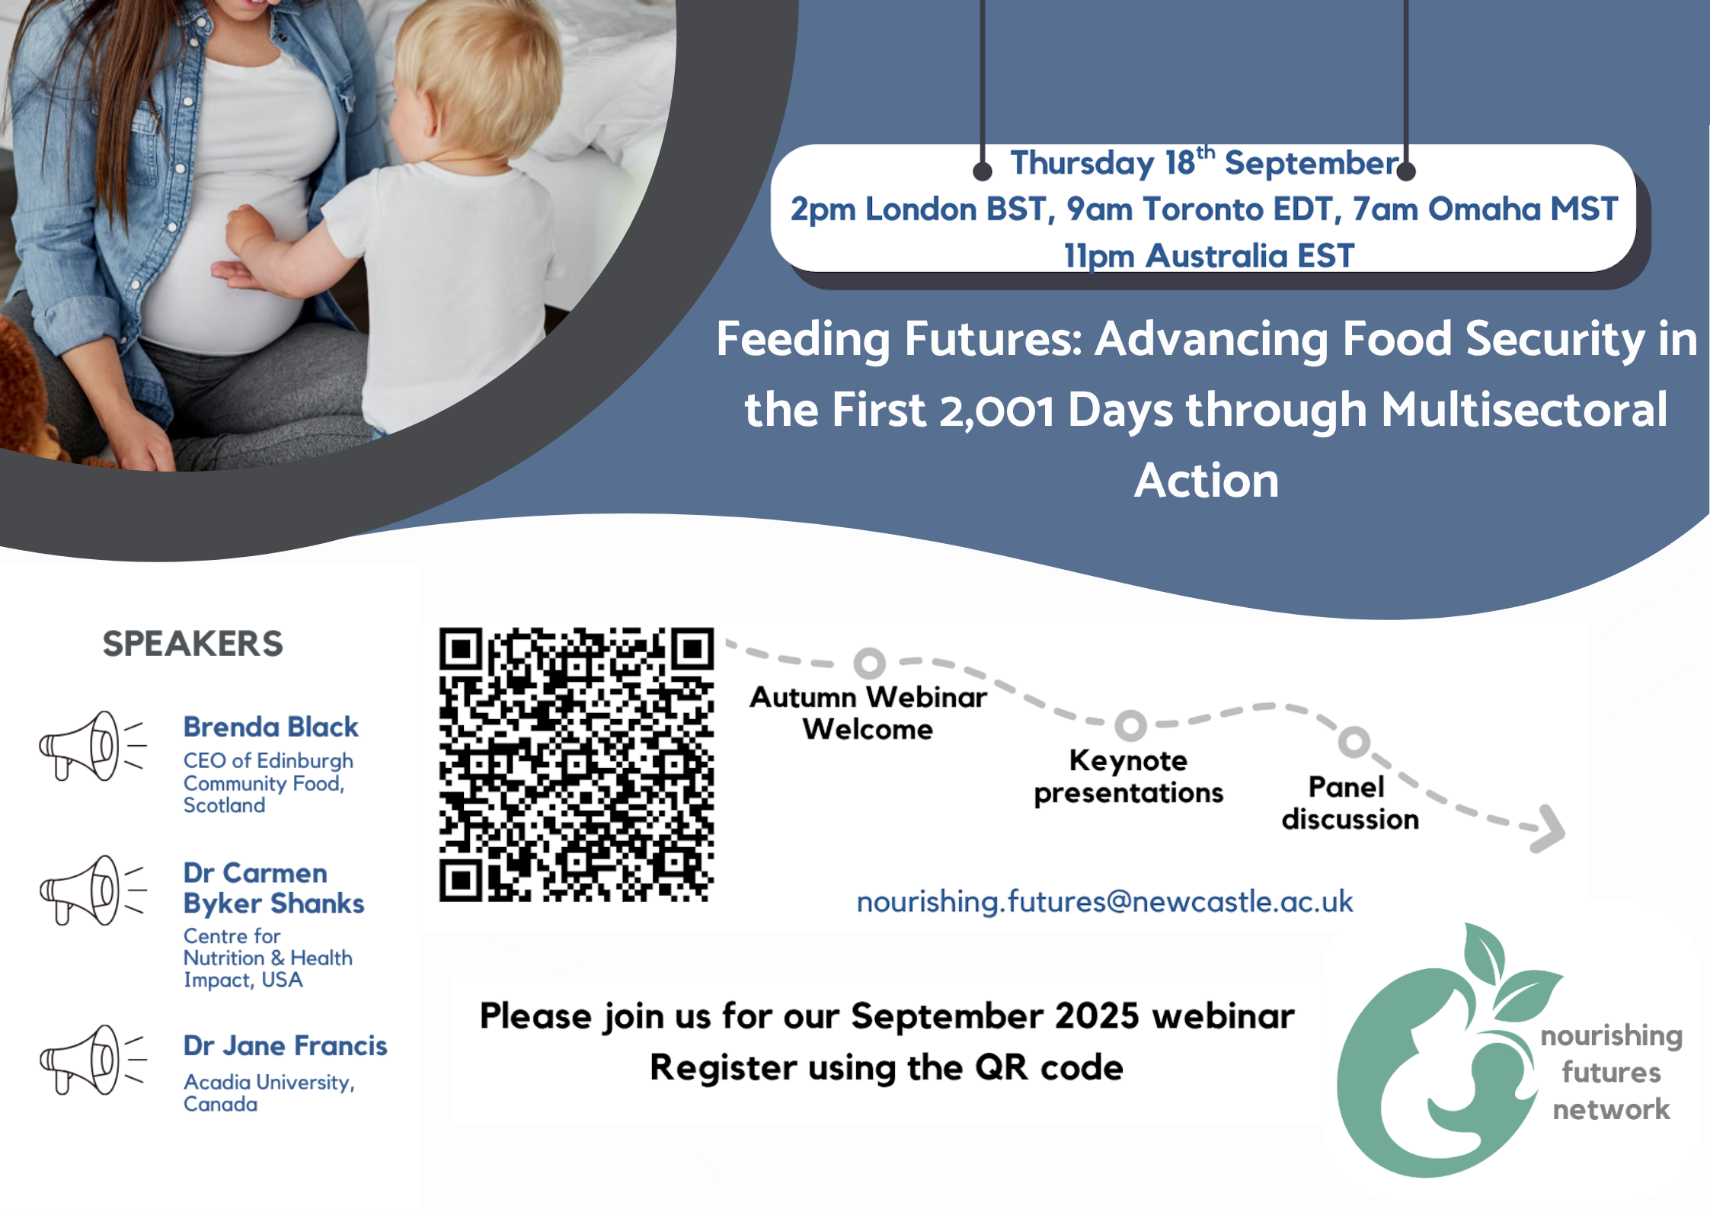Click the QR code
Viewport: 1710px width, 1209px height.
click(576, 765)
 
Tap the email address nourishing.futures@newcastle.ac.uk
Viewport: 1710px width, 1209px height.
click(1104, 902)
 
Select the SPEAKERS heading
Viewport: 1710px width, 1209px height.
click(193, 644)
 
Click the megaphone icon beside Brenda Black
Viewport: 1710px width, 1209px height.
click(91, 746)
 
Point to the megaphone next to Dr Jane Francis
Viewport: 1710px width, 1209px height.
click(91, 1060)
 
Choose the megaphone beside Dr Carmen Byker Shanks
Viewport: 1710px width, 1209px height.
click(91, 890)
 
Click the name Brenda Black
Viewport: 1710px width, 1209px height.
click(270, 727)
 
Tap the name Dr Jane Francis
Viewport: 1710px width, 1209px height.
click(285, 1045)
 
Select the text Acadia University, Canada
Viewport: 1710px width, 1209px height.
click(269, 1093)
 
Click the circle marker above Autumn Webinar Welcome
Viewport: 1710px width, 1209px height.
click(869, 663)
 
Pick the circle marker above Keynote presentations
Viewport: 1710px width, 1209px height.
click(1130, 725)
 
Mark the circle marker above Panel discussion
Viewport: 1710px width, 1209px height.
click(1354, 741)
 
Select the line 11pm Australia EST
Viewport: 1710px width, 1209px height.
click(1209, 256)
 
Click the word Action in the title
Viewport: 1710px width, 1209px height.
click(1207, 481)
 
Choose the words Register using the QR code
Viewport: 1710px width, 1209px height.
click(887, 1068)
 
